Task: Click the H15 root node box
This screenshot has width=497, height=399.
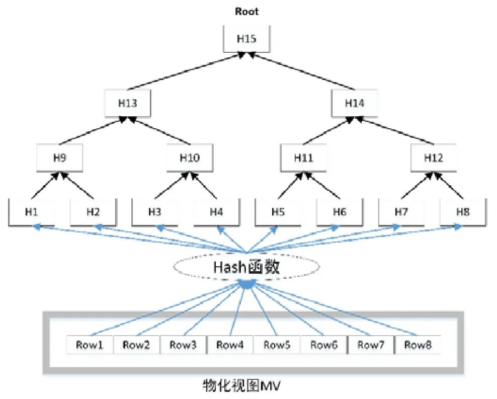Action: pos(246,39)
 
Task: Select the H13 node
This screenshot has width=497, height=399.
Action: pos(128,103)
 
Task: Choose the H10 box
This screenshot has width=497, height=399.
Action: pos(190,158)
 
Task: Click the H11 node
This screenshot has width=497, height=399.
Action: pos(303,158)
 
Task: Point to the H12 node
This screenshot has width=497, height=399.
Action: pos(433,158)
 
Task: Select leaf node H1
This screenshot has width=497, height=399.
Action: pos(32,212)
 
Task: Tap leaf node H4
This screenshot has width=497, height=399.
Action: pos(216,212)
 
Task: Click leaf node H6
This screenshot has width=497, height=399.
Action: pos(340,212)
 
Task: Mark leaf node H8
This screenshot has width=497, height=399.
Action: pos(463,212)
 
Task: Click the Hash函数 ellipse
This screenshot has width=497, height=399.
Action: pos(246,267)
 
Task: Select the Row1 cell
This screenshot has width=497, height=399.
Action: pos(90,345)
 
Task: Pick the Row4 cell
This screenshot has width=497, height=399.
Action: pos(230,345)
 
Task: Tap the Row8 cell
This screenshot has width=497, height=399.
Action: pos(418,345)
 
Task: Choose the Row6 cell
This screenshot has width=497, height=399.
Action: pos(324,345)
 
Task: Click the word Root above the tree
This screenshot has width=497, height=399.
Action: pos(246,12)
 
